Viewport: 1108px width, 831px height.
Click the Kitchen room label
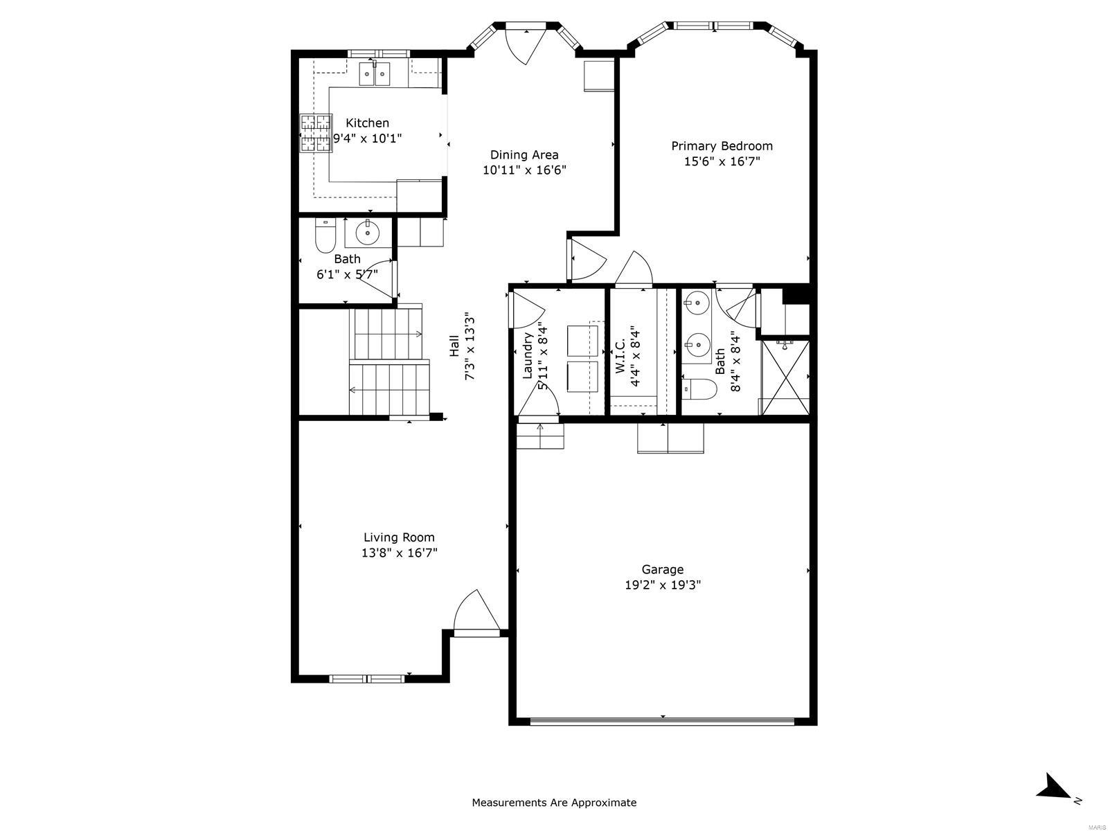click(367, 123)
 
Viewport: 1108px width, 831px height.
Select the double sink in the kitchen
click(375, 73)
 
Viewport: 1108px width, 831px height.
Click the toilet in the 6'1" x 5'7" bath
click(325, 235)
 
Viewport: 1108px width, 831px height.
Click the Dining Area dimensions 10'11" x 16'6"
click(524, 170)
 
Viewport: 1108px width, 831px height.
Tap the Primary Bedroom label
click(722, 146)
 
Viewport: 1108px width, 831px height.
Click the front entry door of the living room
click(476, 613)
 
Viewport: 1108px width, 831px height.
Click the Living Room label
click(399, 537)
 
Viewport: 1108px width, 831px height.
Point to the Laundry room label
click(528, 355)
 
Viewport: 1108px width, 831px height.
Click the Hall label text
click(454, 346)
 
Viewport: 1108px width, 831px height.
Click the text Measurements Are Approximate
click(554, 803)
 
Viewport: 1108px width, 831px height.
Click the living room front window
click(367, 679)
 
